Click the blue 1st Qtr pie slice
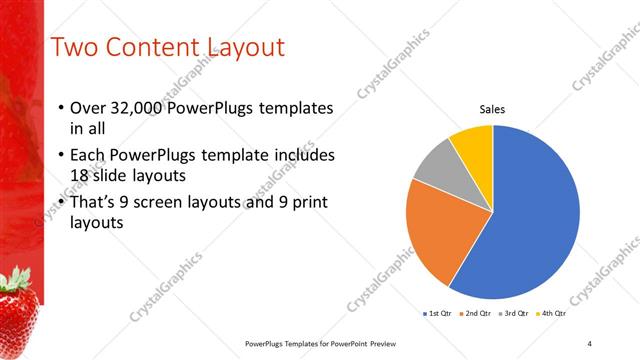(530, 220)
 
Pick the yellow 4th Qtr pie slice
(472, 145)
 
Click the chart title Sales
(492, 109)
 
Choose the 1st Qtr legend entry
(438, 314)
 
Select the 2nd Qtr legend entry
(475, 314)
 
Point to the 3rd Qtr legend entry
(514, 314)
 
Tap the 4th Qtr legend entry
(552, 314)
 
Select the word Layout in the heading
(245, 48)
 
